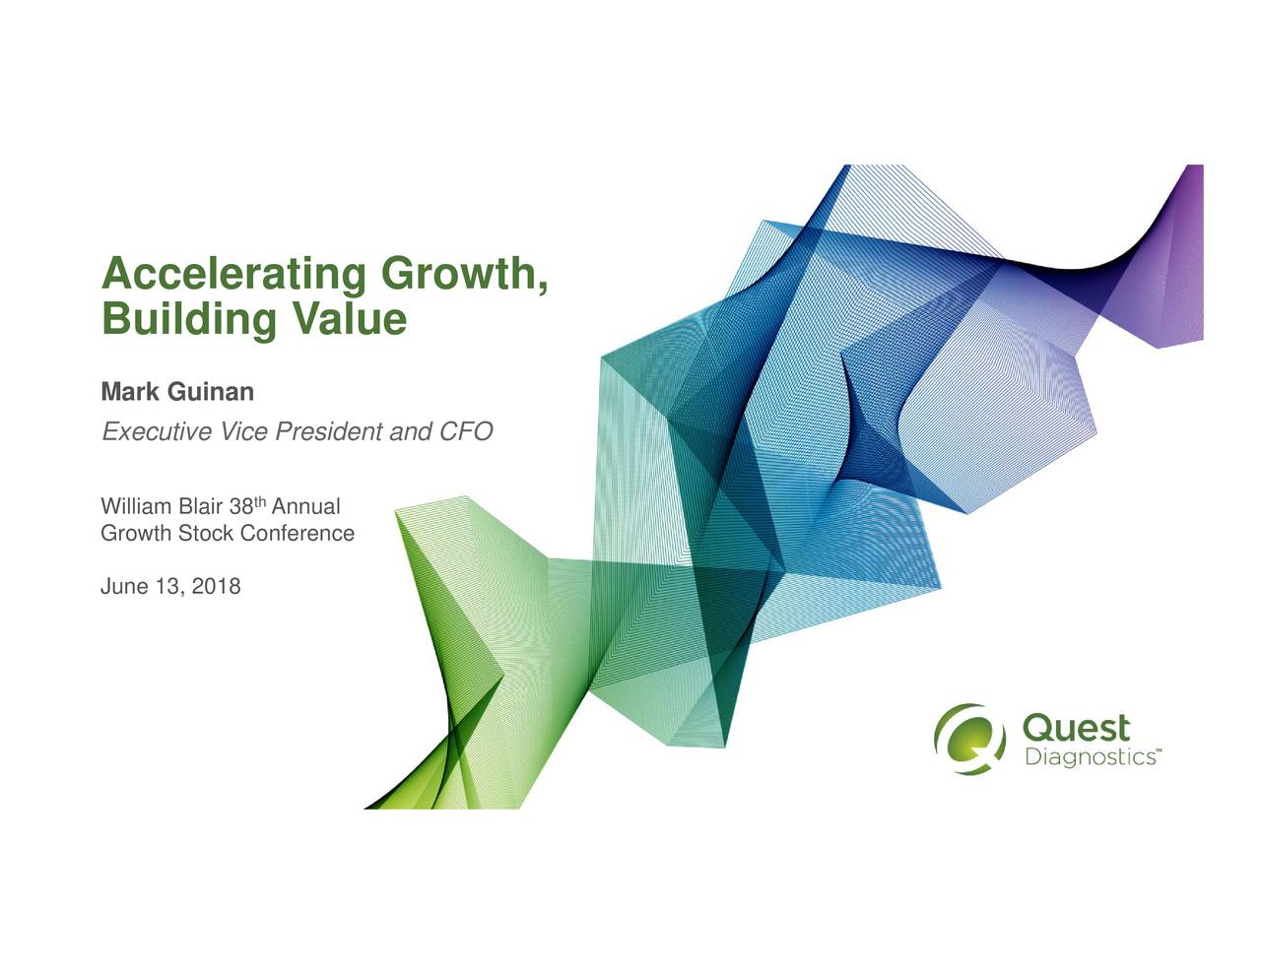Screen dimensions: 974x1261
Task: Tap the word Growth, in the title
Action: pyautogui.click(x=463, y=273)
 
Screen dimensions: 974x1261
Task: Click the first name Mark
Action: pyautogui.click(x=130, y=392)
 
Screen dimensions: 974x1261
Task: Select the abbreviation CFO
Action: pyautogui.click(x=465, y=432)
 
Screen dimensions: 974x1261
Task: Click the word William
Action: pyautogui.click(x=136, y=507)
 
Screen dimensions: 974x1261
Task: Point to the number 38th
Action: pyautogui.click(x=246, y=507)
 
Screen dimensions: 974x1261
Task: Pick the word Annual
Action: pyautogui.click(x=306, y=507)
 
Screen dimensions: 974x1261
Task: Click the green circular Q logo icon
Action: pyautogui.click(x=969, y=738)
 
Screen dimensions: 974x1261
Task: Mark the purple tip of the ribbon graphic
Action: pyautogui.click(x=1187, y=256)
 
